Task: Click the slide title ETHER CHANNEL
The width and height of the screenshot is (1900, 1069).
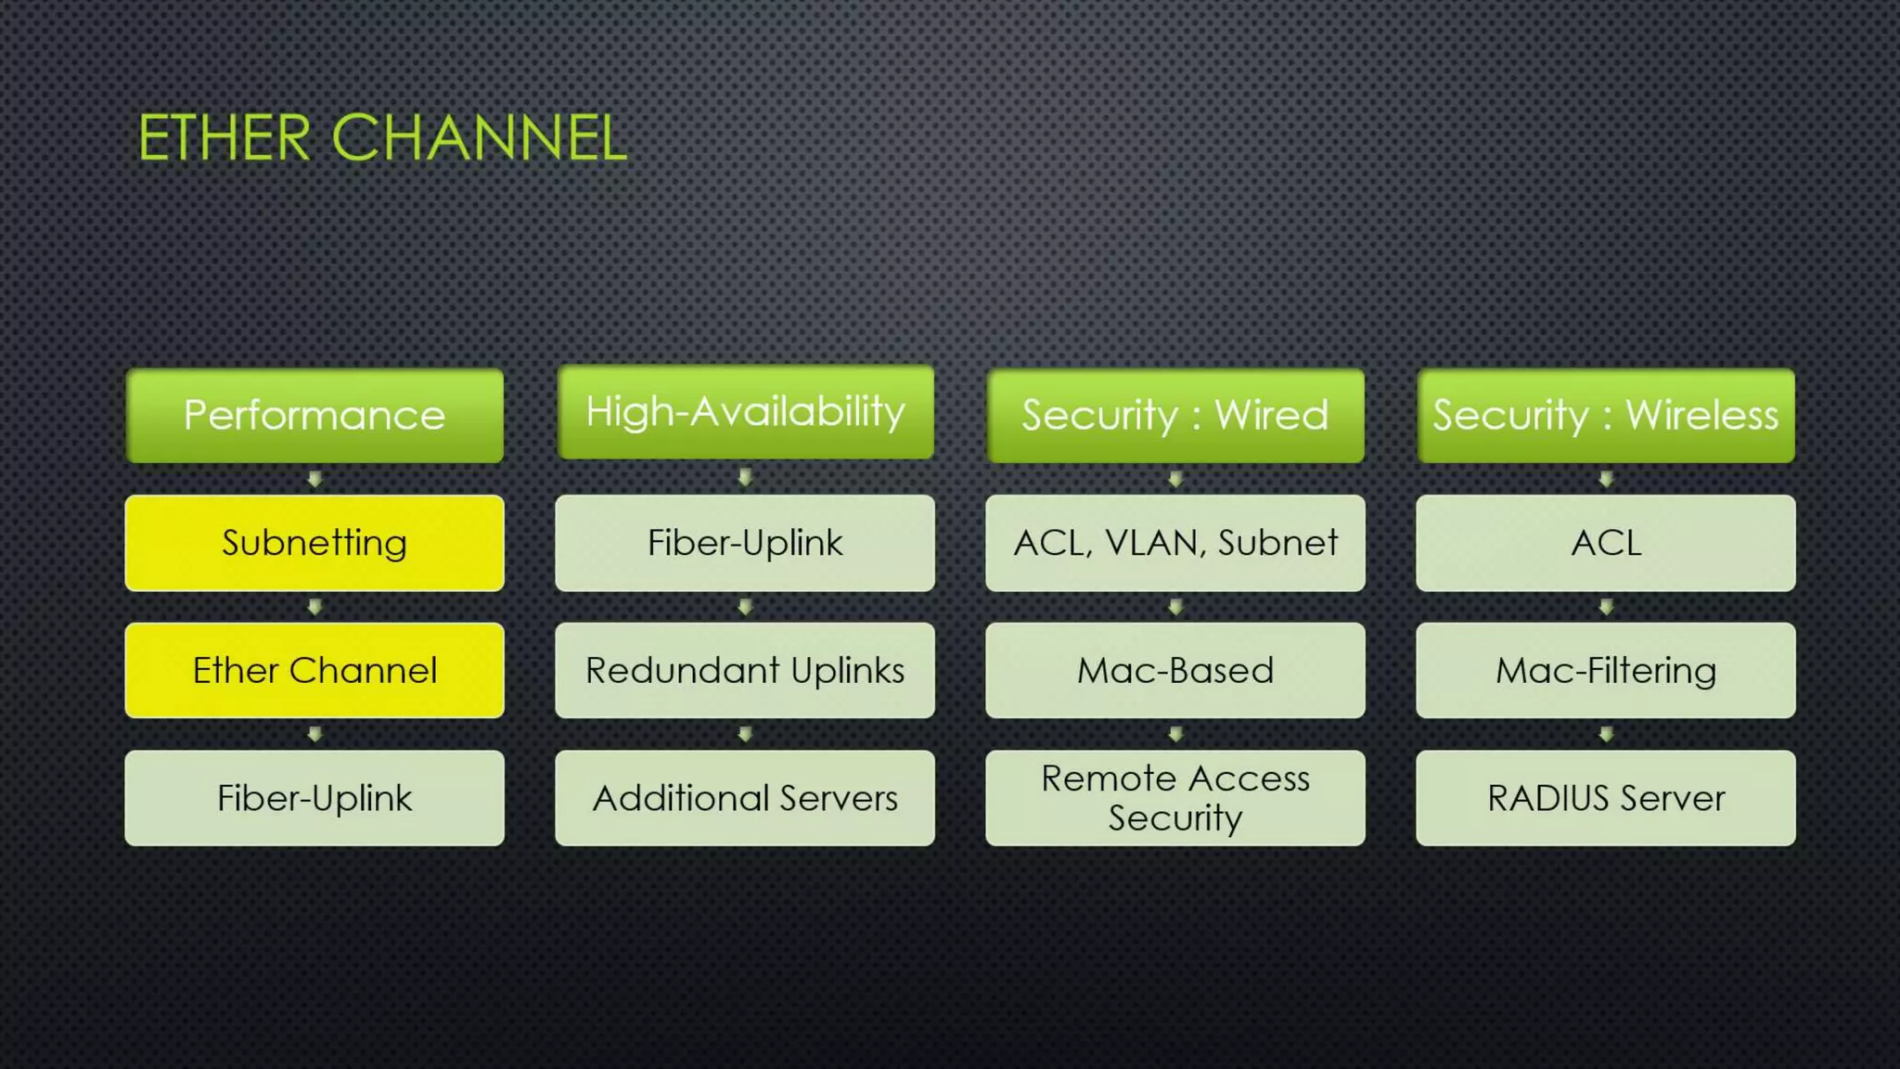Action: pos(382,138)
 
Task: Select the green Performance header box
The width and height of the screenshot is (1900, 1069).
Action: pos(315,415)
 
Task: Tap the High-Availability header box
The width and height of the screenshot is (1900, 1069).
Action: pos(745,412)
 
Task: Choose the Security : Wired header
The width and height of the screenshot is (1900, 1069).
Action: pos(1175,415)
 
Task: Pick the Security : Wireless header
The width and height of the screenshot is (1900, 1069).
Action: pos(1605,415)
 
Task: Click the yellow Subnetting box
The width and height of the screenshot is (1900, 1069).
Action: pos(315,543)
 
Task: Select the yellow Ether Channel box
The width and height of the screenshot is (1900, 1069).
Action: pos(315,670)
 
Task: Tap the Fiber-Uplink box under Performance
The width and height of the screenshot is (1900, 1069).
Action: pos(315,798)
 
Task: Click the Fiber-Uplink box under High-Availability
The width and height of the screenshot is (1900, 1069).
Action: pos(745,543)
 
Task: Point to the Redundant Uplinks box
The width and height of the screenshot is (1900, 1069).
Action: pos(745,670)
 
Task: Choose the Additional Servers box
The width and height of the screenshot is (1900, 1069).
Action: pos(745,798)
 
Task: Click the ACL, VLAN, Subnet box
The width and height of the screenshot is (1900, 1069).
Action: pos(1175,543)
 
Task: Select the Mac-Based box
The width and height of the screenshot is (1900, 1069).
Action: pos(1175,670)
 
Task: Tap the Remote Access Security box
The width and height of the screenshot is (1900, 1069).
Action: pos(1175,798)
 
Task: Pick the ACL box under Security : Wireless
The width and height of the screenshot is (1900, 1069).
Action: pos(1605,543)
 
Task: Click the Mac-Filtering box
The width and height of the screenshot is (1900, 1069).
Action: pos(1605,670)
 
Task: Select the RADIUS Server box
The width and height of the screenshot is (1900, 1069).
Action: pos(1605,798)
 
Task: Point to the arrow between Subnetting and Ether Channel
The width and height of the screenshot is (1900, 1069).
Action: pos(315,607)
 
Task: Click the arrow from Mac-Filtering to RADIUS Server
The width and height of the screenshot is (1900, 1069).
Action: pos(1606,734)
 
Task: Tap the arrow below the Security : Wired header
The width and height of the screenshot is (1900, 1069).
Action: pos(1175,479)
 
